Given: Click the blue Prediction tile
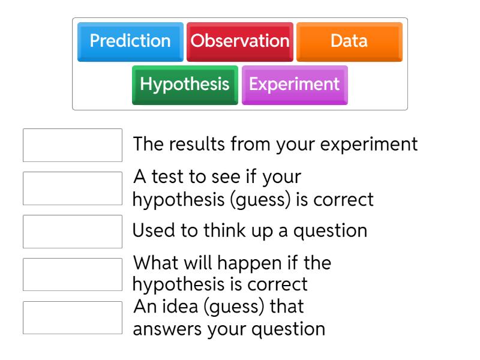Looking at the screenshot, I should coord(130,41).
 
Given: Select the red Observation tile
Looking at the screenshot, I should coord(240,41).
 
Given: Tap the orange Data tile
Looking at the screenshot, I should coord(349,41).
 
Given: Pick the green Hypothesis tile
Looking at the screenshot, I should coord(185,84).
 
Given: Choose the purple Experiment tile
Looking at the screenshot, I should coord(294,84).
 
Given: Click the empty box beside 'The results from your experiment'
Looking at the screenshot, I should coord(73,145).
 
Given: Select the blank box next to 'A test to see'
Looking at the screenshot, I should coord(73,188).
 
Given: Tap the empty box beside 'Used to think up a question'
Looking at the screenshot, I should coord(73,232).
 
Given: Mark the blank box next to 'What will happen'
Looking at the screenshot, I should coord(73,274).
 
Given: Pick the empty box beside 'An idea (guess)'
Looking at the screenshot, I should coord(73,317).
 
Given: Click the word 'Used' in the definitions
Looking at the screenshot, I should coord(152,231).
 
